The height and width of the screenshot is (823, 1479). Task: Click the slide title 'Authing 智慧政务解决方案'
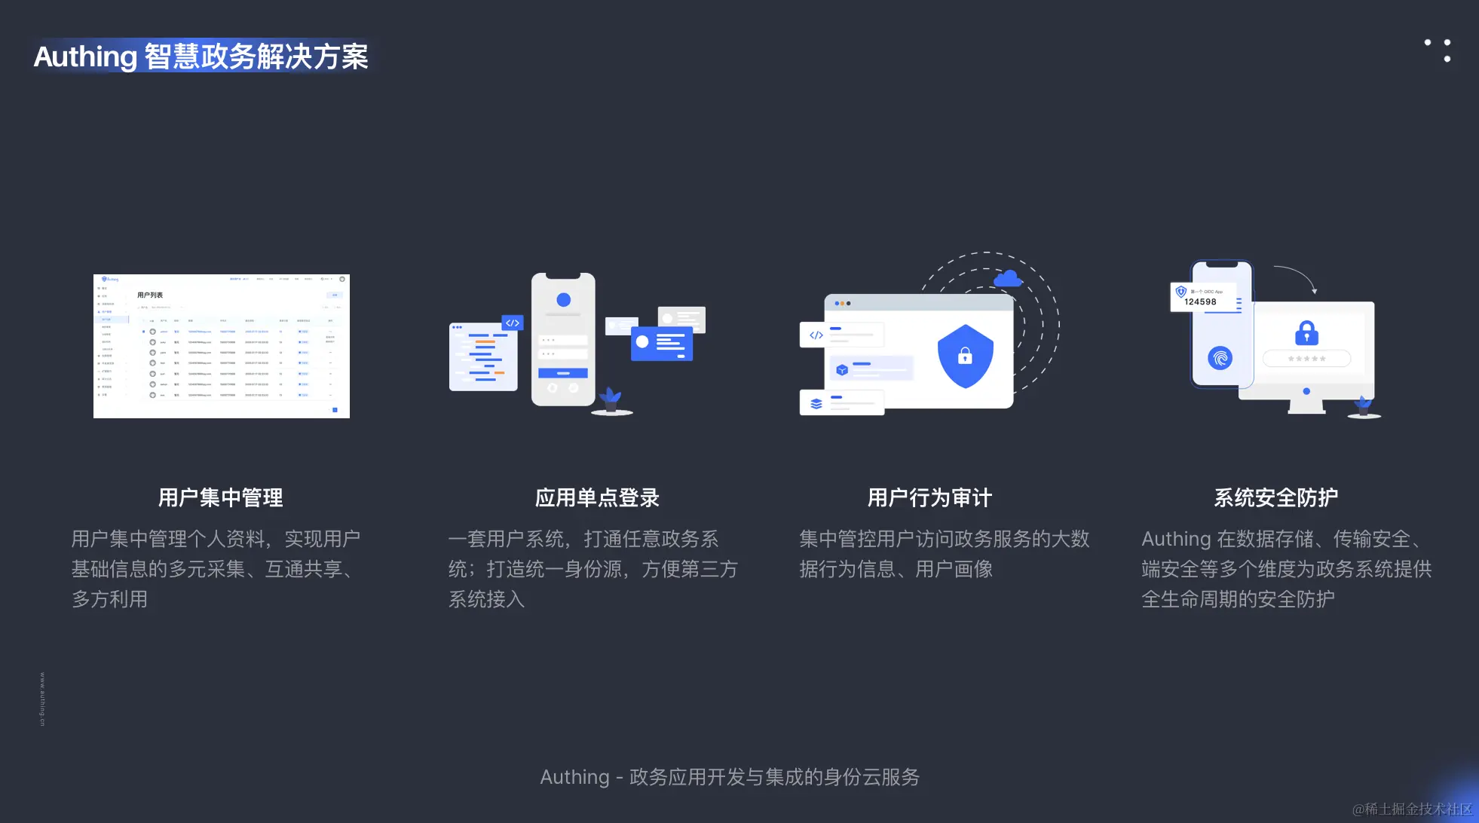click(x=201, y=57)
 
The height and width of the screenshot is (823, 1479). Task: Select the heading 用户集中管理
click(x=220, y=497)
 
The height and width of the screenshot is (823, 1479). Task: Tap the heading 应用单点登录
click(x=597, y=497)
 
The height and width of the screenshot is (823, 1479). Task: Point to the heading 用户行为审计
click(x=929, y=497)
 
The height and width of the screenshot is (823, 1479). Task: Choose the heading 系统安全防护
click(x=1275, y=497)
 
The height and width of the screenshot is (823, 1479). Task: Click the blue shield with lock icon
click(x=965, y=356)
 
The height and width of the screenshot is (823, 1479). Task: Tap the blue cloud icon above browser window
click(x=1008, y=279)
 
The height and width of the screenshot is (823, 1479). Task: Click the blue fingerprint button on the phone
click(x=1220, y=357)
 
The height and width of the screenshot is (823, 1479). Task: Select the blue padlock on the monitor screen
click(x=1306, y=332)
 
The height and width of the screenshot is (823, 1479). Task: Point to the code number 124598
click(x=1200, y=302)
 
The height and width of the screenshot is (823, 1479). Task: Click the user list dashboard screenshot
click(x=222, y=346)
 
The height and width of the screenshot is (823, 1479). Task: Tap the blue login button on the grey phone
click(x=562, y=373)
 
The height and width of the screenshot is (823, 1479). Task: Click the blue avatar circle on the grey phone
click(x=563, y=300)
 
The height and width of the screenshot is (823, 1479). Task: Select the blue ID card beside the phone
click(x=661, y=343)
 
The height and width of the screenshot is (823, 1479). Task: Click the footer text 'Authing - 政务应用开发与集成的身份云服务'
click(x=730, y=777)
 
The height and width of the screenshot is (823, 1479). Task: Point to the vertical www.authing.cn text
click(x=42, y=699)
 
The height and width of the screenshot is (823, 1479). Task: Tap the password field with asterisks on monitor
click(x=1306, y=359)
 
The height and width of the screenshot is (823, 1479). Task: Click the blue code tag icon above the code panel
click(x=513, y=323)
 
